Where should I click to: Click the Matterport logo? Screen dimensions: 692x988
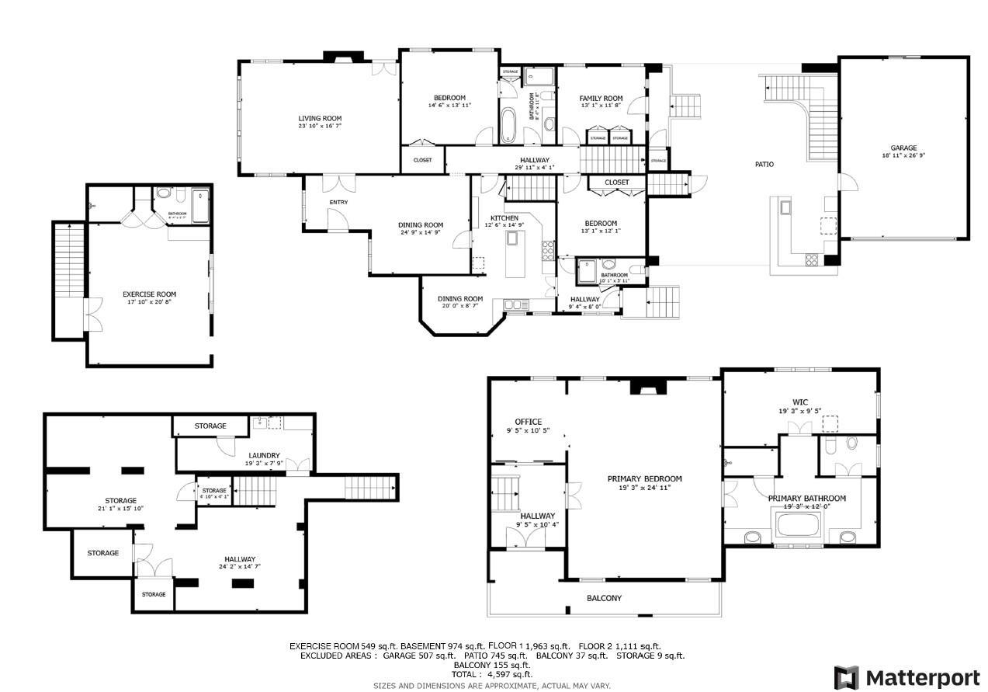coord(907,676)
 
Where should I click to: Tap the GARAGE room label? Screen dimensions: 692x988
coord(903,148)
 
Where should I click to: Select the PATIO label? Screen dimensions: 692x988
coord(764,164)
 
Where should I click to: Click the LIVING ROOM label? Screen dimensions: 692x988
coord(320,118)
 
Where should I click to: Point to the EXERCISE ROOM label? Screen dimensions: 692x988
coord(149,294)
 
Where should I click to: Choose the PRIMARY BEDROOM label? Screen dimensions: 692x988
coord(644,478)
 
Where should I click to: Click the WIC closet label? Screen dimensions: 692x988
coord(800,402)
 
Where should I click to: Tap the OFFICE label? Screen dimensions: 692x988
coord(528,422)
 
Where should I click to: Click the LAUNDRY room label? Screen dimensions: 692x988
coord(264,455)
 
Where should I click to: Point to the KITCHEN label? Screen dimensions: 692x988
coord(504,218)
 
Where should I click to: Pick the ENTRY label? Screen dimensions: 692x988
coord(338,202)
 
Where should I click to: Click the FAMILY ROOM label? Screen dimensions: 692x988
coord(601,99)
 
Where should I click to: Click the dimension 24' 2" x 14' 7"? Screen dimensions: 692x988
coord(240,567)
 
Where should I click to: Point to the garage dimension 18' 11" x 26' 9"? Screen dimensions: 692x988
coord(903,155)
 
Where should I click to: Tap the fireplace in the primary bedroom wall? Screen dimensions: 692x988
coord(647,387)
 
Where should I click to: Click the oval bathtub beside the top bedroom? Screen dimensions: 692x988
coord(507,127)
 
